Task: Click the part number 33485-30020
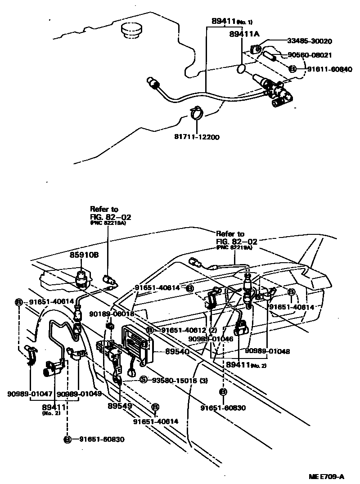pos(310,41)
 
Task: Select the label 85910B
pos(84,255)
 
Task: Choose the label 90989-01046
pos(211,339)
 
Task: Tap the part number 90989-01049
pos(79,394)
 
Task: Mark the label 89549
pos(119,405)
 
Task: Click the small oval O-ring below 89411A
pos(241,69)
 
